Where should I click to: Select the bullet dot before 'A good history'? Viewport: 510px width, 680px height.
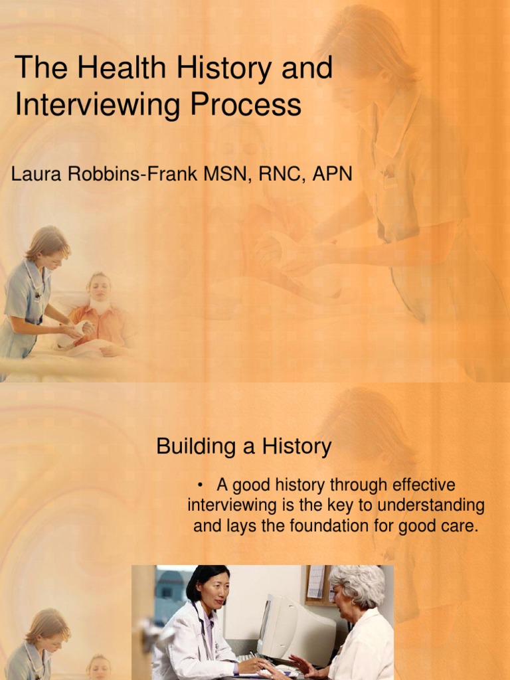[x=200, y=485]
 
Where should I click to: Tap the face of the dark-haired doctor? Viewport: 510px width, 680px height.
[x=214, y=591]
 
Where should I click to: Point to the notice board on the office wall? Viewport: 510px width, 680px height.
[x=317, y=583]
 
